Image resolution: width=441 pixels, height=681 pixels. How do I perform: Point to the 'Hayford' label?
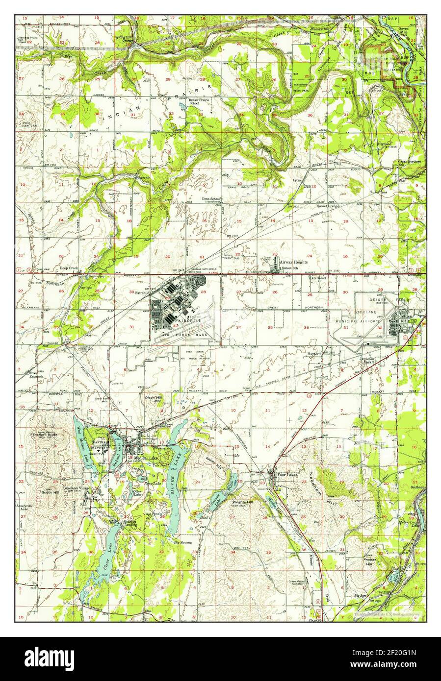click(314, 353)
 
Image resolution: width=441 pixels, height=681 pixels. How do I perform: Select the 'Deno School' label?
click(212, 199)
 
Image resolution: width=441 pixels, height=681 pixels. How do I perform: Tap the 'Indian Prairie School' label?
click(201, 101)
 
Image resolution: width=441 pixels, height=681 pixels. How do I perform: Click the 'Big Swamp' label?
click(183, 543)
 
